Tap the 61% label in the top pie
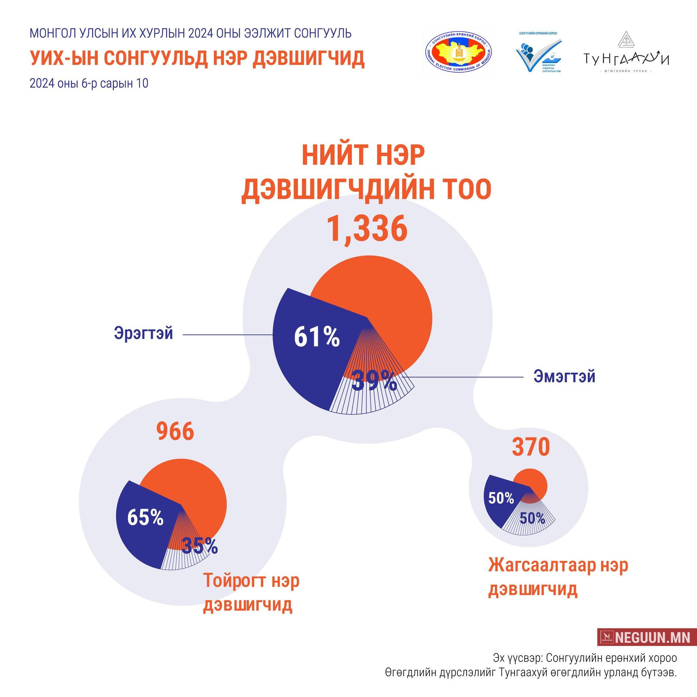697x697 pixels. [x=317, y=337]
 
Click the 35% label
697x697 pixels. [x=200, y=546]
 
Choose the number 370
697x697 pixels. [x=531, y=447]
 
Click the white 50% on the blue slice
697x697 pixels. [x=501, y=498]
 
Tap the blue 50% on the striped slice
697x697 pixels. [x=532, y=519]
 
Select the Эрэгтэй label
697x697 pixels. [x=144, y=333]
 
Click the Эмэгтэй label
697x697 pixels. [x=564, y=377]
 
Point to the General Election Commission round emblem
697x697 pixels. [x=458, y=52]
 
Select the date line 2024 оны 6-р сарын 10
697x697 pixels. [x=89, y=84]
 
